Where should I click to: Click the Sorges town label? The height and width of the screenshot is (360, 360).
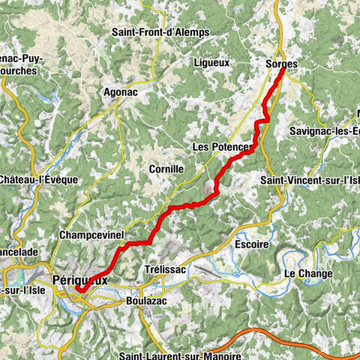281,64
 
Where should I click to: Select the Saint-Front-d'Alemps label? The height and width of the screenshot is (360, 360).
160,32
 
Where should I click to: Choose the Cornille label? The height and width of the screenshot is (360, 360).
166,169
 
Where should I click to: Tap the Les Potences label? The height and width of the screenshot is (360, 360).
219,147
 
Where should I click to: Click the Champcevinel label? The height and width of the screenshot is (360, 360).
91,236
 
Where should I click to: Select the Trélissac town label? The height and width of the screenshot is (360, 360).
163,268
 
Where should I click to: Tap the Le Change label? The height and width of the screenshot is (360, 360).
307,274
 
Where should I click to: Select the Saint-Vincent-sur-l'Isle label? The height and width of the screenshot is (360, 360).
308,180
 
